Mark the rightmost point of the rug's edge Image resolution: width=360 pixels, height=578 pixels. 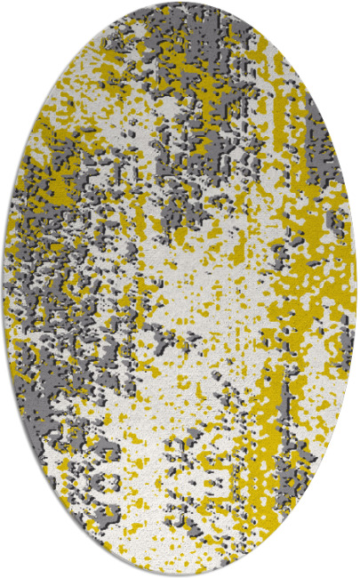pos(355,289)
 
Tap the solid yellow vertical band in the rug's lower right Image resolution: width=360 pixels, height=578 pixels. pos(267,418)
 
